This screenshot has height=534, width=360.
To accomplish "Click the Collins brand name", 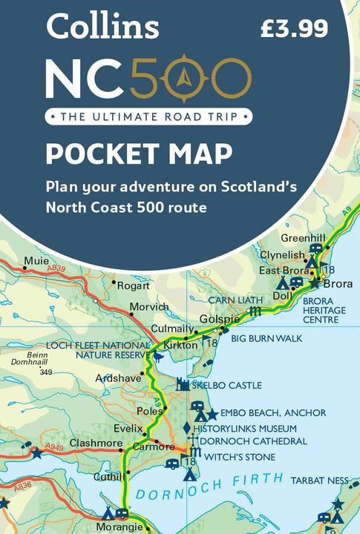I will point(102,27).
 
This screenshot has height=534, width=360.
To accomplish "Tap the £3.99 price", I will point(295,29).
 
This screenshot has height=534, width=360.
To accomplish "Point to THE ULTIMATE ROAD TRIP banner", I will point(148,116).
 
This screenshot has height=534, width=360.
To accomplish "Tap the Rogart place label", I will point(135,284).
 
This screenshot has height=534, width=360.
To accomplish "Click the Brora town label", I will point(338,284).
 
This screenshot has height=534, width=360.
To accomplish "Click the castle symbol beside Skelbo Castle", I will point(183,384).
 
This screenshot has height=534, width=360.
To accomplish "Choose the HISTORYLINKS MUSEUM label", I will point(244,429).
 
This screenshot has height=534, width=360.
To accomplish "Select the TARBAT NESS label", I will point(320,481).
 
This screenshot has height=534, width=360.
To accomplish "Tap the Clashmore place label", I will point(96,443).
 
